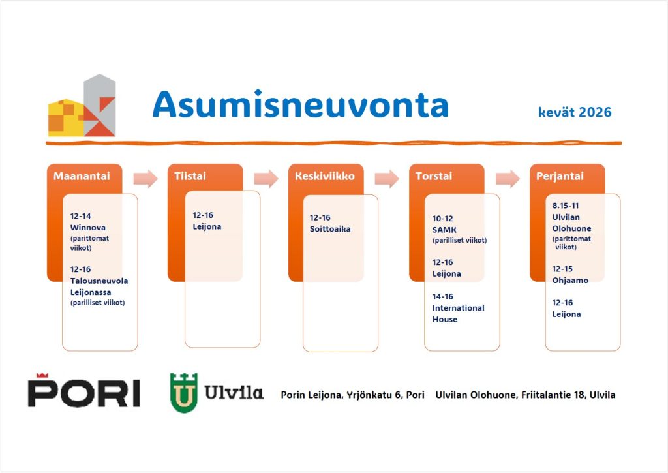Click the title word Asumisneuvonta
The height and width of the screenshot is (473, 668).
click(x=300, y=104)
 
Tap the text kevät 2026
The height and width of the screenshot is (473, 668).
click(x=575, y=112)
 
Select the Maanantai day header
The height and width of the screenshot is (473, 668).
click(x=82, y=176)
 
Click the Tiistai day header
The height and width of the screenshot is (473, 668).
click(x=190, y=176)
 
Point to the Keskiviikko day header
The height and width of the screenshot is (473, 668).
click(x=325, y=176)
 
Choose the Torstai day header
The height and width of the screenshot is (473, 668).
click(x=434, y=176)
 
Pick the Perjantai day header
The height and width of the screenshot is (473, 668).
click(x=560, y=176)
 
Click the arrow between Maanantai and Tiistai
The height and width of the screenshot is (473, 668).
click(x=145, y=178)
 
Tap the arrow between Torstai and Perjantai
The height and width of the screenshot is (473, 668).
click(x=508, y=178)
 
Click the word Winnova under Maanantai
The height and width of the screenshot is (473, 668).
click(x=88, y=228)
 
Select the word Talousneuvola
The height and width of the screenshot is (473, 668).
click(x=99, y=281)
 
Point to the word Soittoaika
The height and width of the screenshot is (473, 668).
click(x=330, y=229)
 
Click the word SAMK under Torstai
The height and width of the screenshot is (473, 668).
click(x=444, y=230)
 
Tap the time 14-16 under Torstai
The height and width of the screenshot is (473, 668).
click(x=443, y=297)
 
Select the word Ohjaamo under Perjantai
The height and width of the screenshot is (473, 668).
click(x=570, y=281)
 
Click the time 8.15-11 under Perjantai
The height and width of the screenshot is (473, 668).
click(x=566, y=206)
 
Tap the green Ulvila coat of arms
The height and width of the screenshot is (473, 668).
click(x=183, y=393)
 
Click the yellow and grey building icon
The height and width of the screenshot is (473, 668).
click(x=82, y=105)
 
